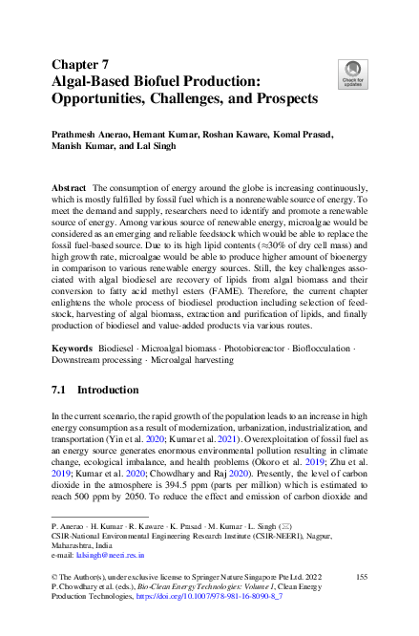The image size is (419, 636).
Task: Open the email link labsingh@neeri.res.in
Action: [x=112, y=553]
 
